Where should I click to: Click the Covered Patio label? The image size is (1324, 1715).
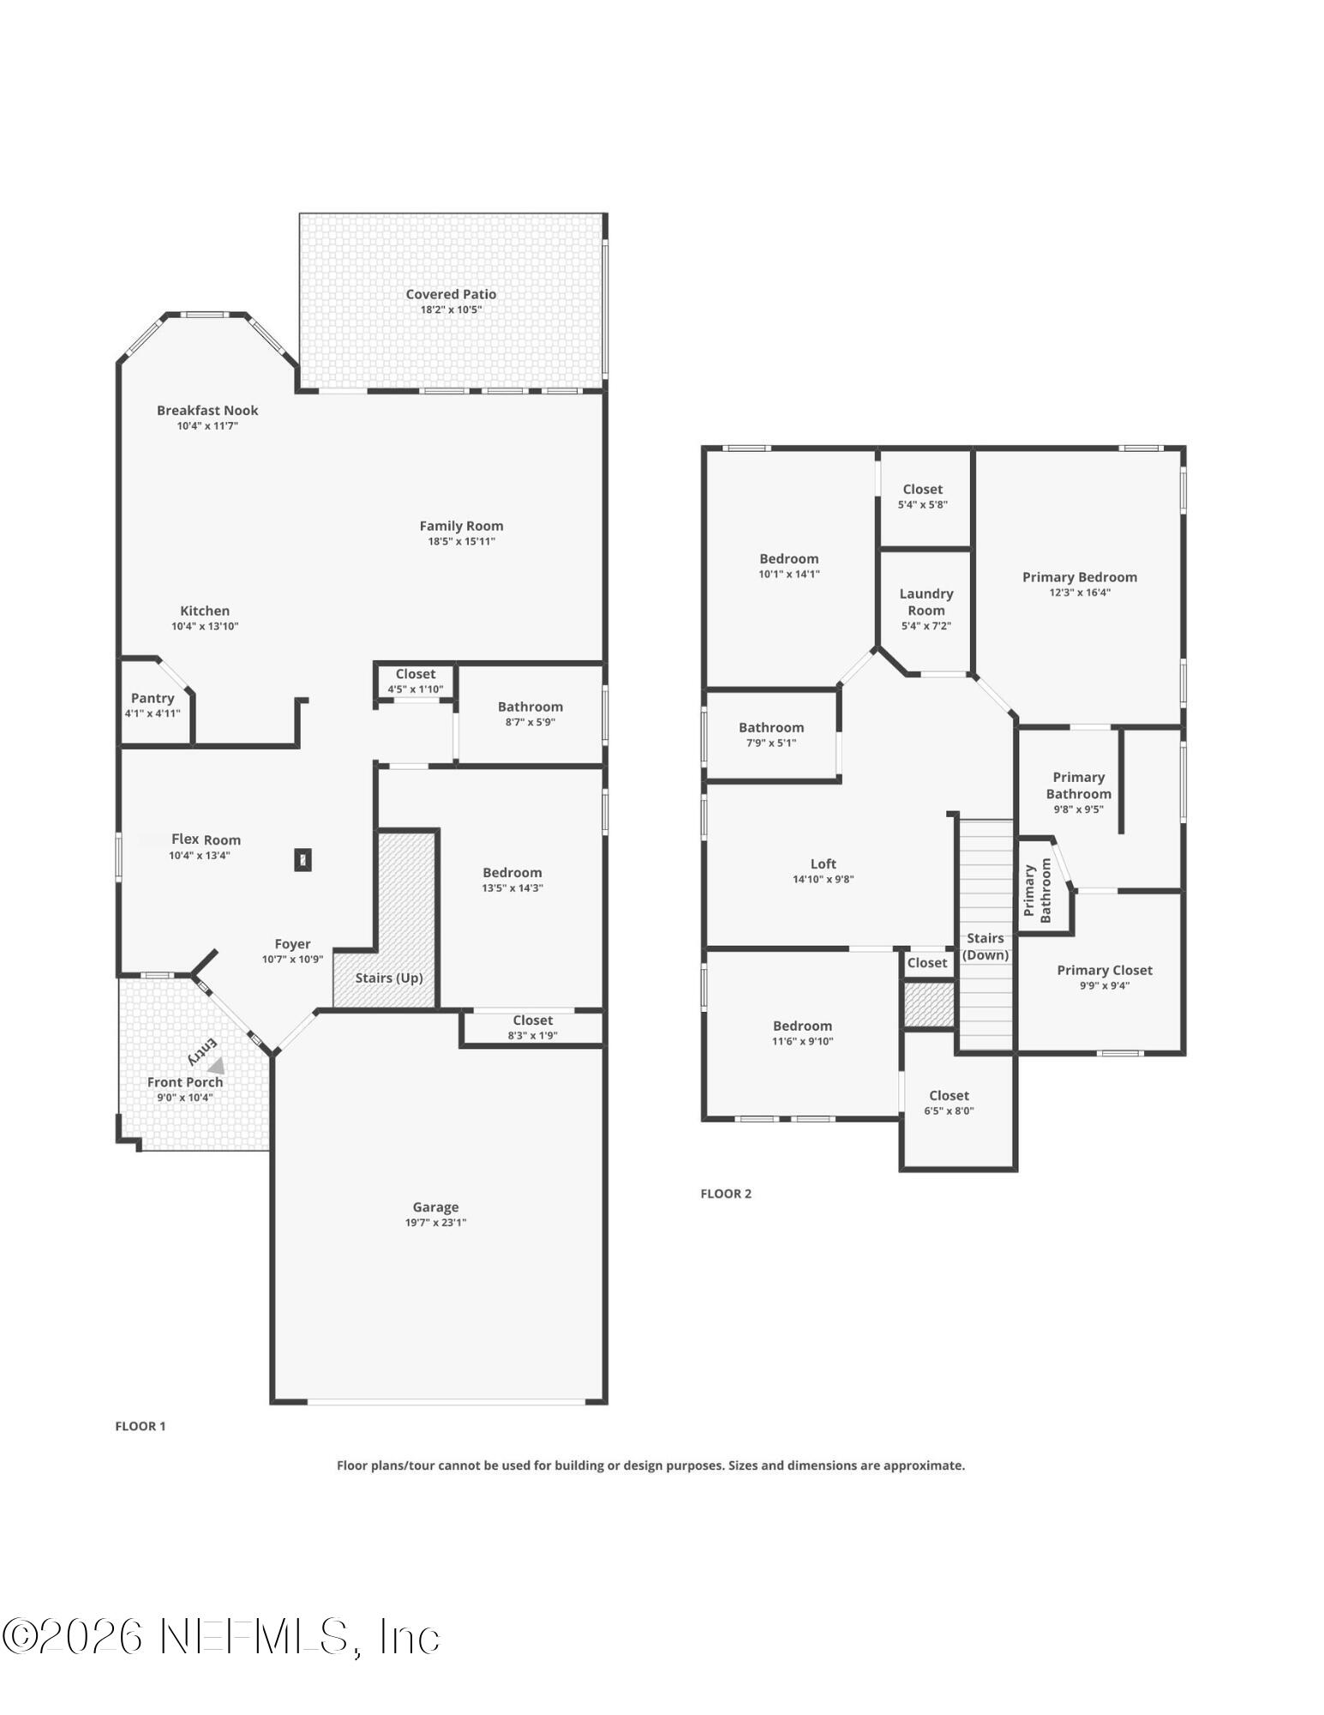pos(451,294)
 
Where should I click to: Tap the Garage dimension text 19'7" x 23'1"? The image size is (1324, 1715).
pos(435,1223)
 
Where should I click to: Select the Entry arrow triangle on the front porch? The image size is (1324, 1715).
pos(217,1066)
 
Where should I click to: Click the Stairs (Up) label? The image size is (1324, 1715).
pos(389,978)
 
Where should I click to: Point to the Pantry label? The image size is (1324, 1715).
pos(153,698)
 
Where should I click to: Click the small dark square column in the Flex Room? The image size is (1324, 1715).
pos(303,859)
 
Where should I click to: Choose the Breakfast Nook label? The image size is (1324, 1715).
pos(207,411)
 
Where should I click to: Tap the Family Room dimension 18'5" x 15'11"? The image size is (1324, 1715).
pos(461,541)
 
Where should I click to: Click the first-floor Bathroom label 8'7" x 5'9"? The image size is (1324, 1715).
pos(530,707)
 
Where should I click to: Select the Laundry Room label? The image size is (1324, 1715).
pos(926,602)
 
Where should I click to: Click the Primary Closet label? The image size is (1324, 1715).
pos(1104,970)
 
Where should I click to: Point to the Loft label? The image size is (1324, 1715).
pos(823,864)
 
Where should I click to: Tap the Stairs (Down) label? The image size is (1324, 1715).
pos(985,947)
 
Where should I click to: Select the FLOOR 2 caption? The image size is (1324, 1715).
pos(726,1194)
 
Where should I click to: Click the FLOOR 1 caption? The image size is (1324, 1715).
pos(141,1426)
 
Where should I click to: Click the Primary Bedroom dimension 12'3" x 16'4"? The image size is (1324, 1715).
pos(1079,593)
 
